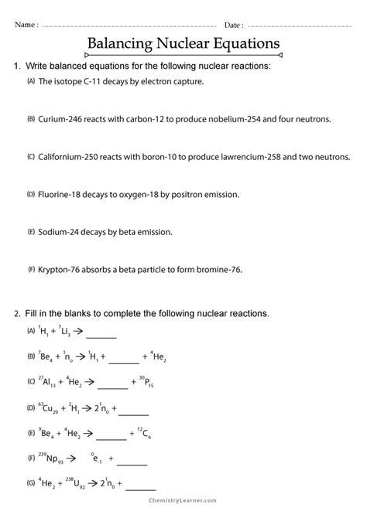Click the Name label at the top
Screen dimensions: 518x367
point(26,25)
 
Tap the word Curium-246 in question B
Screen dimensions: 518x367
point(63,119)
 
